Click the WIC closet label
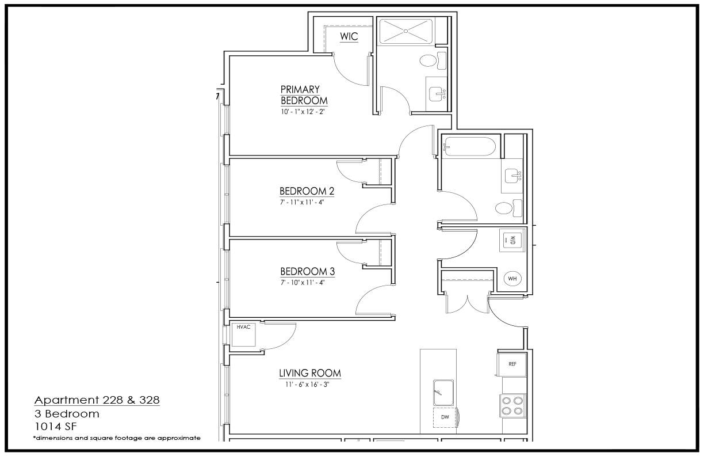[x=349, y=36]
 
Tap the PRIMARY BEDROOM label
[x=304, y=95]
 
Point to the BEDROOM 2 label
[x=307, y=191]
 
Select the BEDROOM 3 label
[x=307, y=271]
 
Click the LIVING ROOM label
[x=310, y=373]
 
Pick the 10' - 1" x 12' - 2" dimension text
[x=303, y=112]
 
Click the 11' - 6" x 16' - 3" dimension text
[x=307, y=385]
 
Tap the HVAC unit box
[x=243, y=335]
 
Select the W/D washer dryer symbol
[x=512, y=241]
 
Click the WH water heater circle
[x=512, y=279]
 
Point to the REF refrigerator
[x=512, y=364]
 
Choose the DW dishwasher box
[x=445, y=417]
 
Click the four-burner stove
[x=512, y=406]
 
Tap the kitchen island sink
[x=443, y=393]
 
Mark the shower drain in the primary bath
[x=405, y=31]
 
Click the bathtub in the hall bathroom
[x=469, y=147]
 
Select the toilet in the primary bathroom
[x=433, y=60]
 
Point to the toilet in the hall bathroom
[x=508, y=208]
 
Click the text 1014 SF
[x=56, y=427]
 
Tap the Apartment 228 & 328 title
[x=97, y=400]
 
